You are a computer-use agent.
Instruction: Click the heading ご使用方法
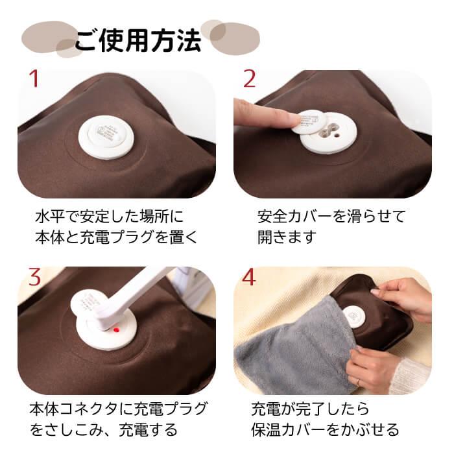point(137,40)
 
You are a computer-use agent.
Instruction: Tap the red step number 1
point(34,79)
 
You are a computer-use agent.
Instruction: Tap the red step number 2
point(250,79)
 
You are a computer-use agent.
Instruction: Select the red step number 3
point(34,276)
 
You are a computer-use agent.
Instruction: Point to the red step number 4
point(250,276)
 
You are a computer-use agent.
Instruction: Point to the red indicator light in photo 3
point(114,330)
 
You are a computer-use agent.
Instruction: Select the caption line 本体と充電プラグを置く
point(117,237)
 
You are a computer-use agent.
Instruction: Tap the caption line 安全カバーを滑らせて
point(331,215)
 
